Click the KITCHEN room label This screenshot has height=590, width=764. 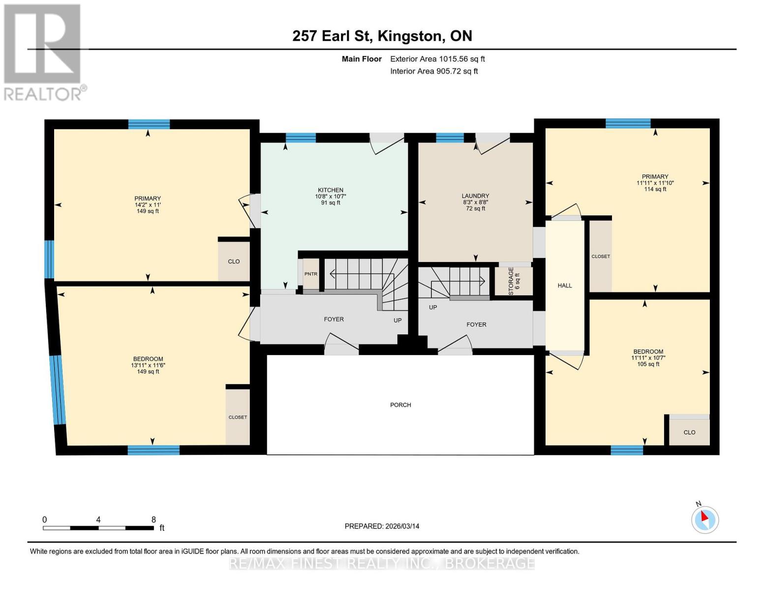click(331, 190)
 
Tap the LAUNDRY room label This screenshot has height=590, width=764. click(475, 196)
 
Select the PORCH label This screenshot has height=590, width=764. click(400, 405)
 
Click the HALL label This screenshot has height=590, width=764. click(565, 286)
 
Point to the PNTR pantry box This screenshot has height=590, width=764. click(311, 274)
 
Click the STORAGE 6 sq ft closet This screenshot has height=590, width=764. click(514, 281)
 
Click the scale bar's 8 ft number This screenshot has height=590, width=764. click(153, 520)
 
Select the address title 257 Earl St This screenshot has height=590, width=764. click(333, 36)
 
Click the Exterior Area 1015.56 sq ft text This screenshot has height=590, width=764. click(437, 59)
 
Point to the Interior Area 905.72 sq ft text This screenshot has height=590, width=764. click(434, 71)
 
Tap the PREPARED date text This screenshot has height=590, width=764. click(382, 526)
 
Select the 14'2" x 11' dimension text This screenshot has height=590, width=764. click(148, 205)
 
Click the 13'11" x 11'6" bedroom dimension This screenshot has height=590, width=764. click(148, 365)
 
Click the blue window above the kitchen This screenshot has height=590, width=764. click(301, 138)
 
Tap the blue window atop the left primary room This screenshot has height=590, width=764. click(149, 124)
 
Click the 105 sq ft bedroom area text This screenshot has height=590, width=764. click(648, 364)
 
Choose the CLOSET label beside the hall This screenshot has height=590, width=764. click(601, 257)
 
